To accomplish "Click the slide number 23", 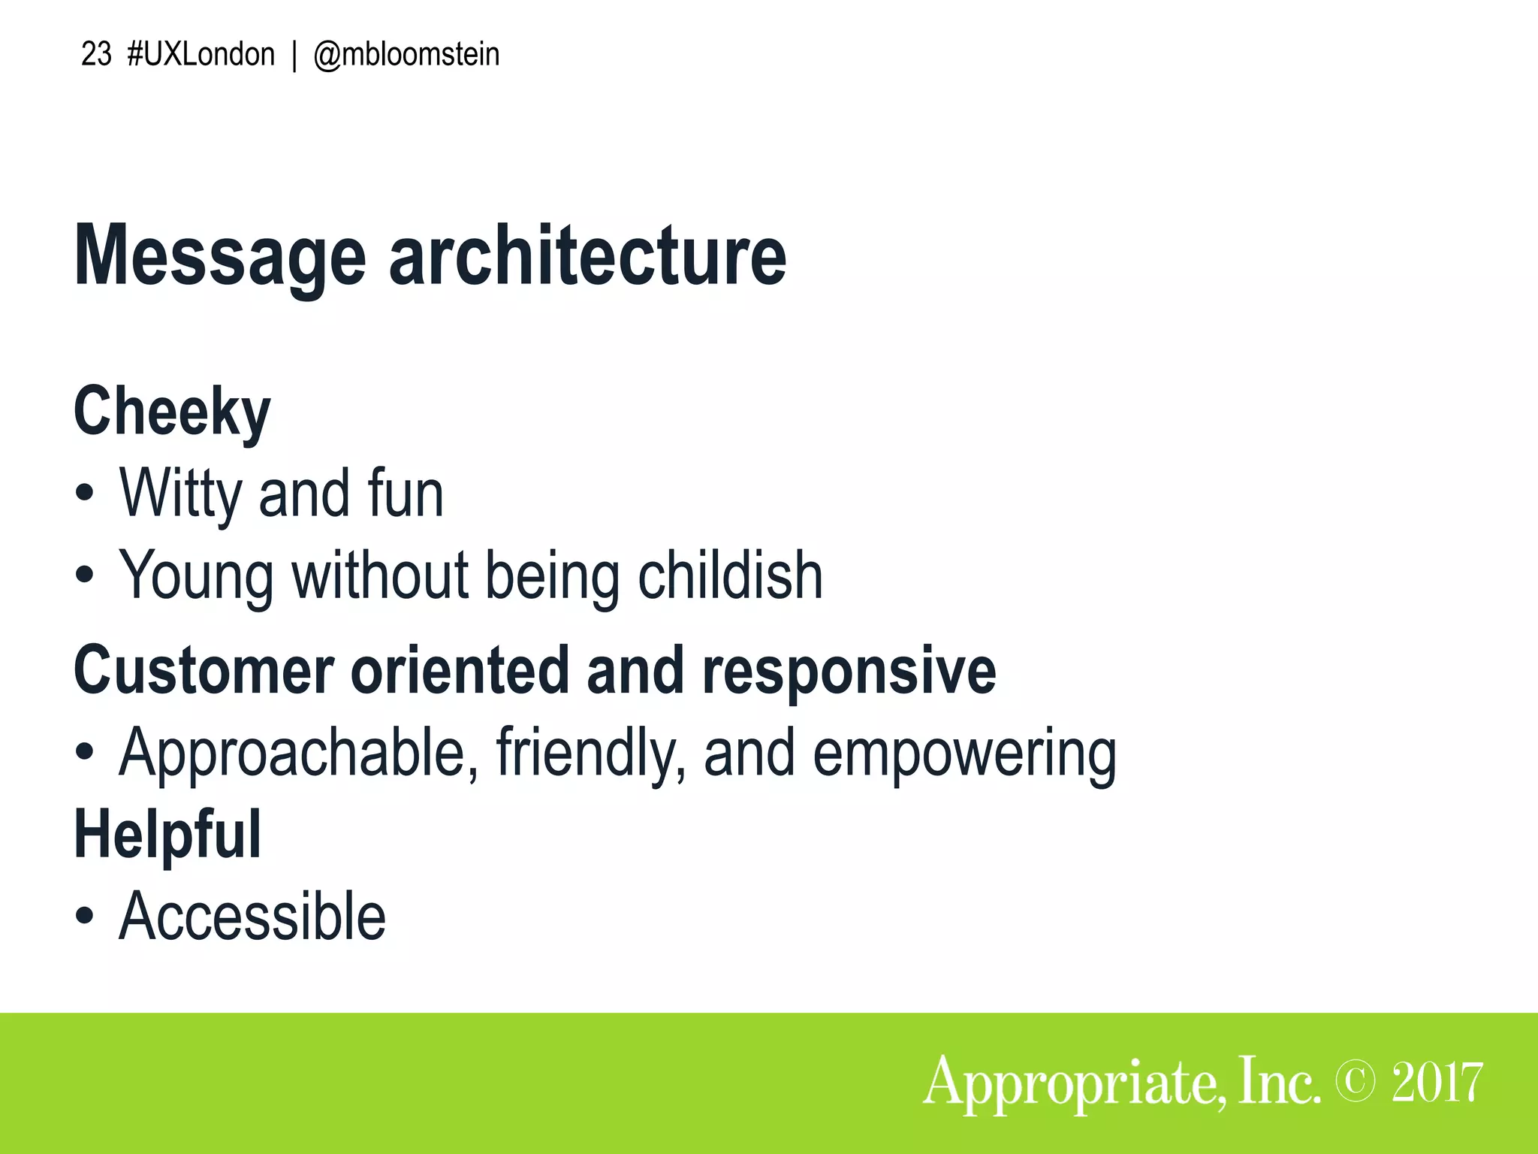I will [x=96, y=55].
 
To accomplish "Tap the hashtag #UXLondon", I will [x=201, y=55].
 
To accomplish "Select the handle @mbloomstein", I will [x=406, y=55].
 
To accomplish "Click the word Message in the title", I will [x=219, y=257].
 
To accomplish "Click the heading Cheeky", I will [x=172, y=412].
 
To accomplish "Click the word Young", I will [x=196, y=576].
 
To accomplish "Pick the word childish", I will [x=730, y=575].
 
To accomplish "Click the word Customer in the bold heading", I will [x=204, y=670].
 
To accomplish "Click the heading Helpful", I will [x=167, y=834].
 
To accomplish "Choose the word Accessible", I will [x=252, y=916].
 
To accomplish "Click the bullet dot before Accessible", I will [x=85, y=917].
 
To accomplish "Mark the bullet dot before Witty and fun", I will [x=85, y=494].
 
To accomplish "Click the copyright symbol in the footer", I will [x=1356, y=1081].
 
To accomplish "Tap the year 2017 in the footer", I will [x=1437, y=1082].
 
